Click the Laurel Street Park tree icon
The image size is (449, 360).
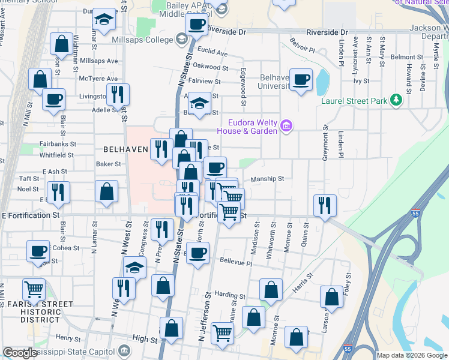pos(396,100)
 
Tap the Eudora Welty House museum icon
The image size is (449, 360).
pos(286,125)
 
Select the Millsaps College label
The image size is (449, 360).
pos(142,39)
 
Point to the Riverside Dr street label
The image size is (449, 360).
pos(327,32)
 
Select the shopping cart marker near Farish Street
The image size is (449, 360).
pos(34,289)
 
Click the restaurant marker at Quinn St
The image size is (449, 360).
pos(325,205)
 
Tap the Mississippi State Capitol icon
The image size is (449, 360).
pos(124,349)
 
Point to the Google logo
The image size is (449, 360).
pos(20,353)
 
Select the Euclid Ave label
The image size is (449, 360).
pos(214,53)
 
